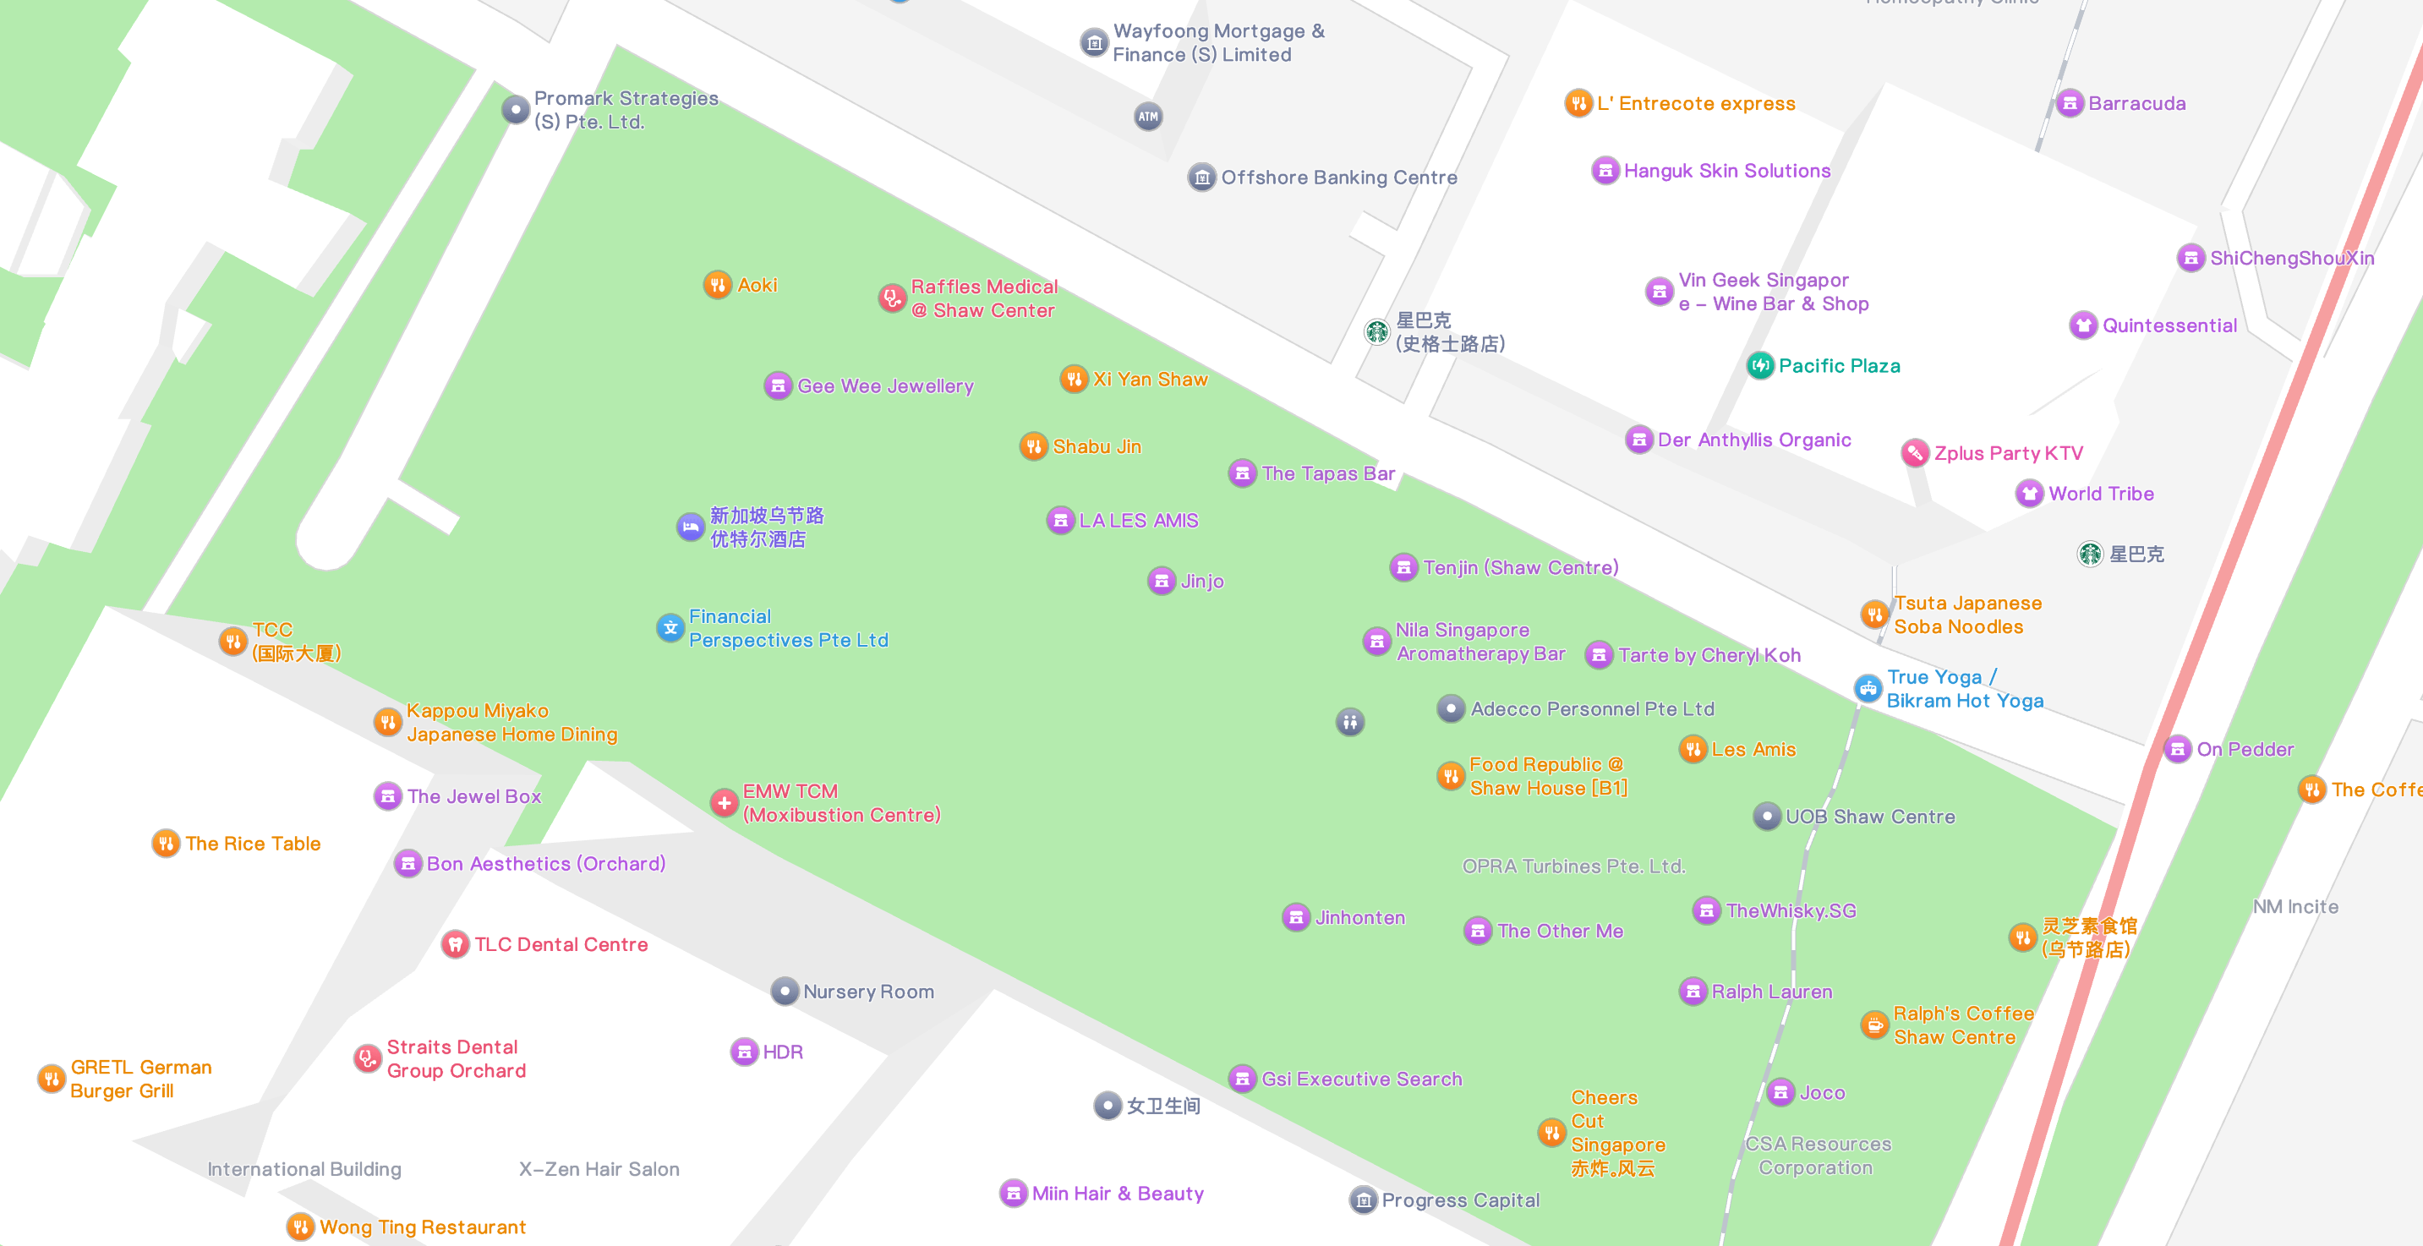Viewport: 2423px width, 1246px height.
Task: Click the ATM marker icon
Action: point(1147,117)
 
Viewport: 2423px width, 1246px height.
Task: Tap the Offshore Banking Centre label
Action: point(1338,177)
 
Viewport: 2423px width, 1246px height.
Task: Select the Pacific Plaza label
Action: point(1839,366)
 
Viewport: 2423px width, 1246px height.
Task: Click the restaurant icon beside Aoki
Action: point(718,285)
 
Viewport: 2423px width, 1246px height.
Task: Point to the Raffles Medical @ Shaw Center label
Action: point(983,298)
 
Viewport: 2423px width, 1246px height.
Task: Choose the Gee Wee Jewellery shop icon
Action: point(778,385)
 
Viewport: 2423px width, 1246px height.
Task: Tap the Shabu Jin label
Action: point(1097,446)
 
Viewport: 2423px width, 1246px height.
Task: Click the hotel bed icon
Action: point(691,527)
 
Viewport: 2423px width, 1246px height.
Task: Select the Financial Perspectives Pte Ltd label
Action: point(788,628)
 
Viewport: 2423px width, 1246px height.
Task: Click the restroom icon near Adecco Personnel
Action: point(1350,721)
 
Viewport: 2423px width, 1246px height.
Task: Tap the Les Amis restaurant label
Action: point(1753,750)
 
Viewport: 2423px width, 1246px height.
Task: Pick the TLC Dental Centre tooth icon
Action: point(455,944)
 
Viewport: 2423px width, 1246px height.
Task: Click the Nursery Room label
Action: point(868,992)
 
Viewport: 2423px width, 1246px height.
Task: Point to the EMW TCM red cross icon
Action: point(725,803)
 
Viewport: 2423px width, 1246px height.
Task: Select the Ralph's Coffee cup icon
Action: point(1874,1025)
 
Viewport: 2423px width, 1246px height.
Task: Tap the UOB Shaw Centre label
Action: point(1870,817)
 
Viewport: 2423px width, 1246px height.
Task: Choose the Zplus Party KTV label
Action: point(2008,453)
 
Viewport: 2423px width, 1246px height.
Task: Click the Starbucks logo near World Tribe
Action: point(2090,554)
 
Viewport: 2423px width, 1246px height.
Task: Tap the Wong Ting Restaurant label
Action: point(423,1227)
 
